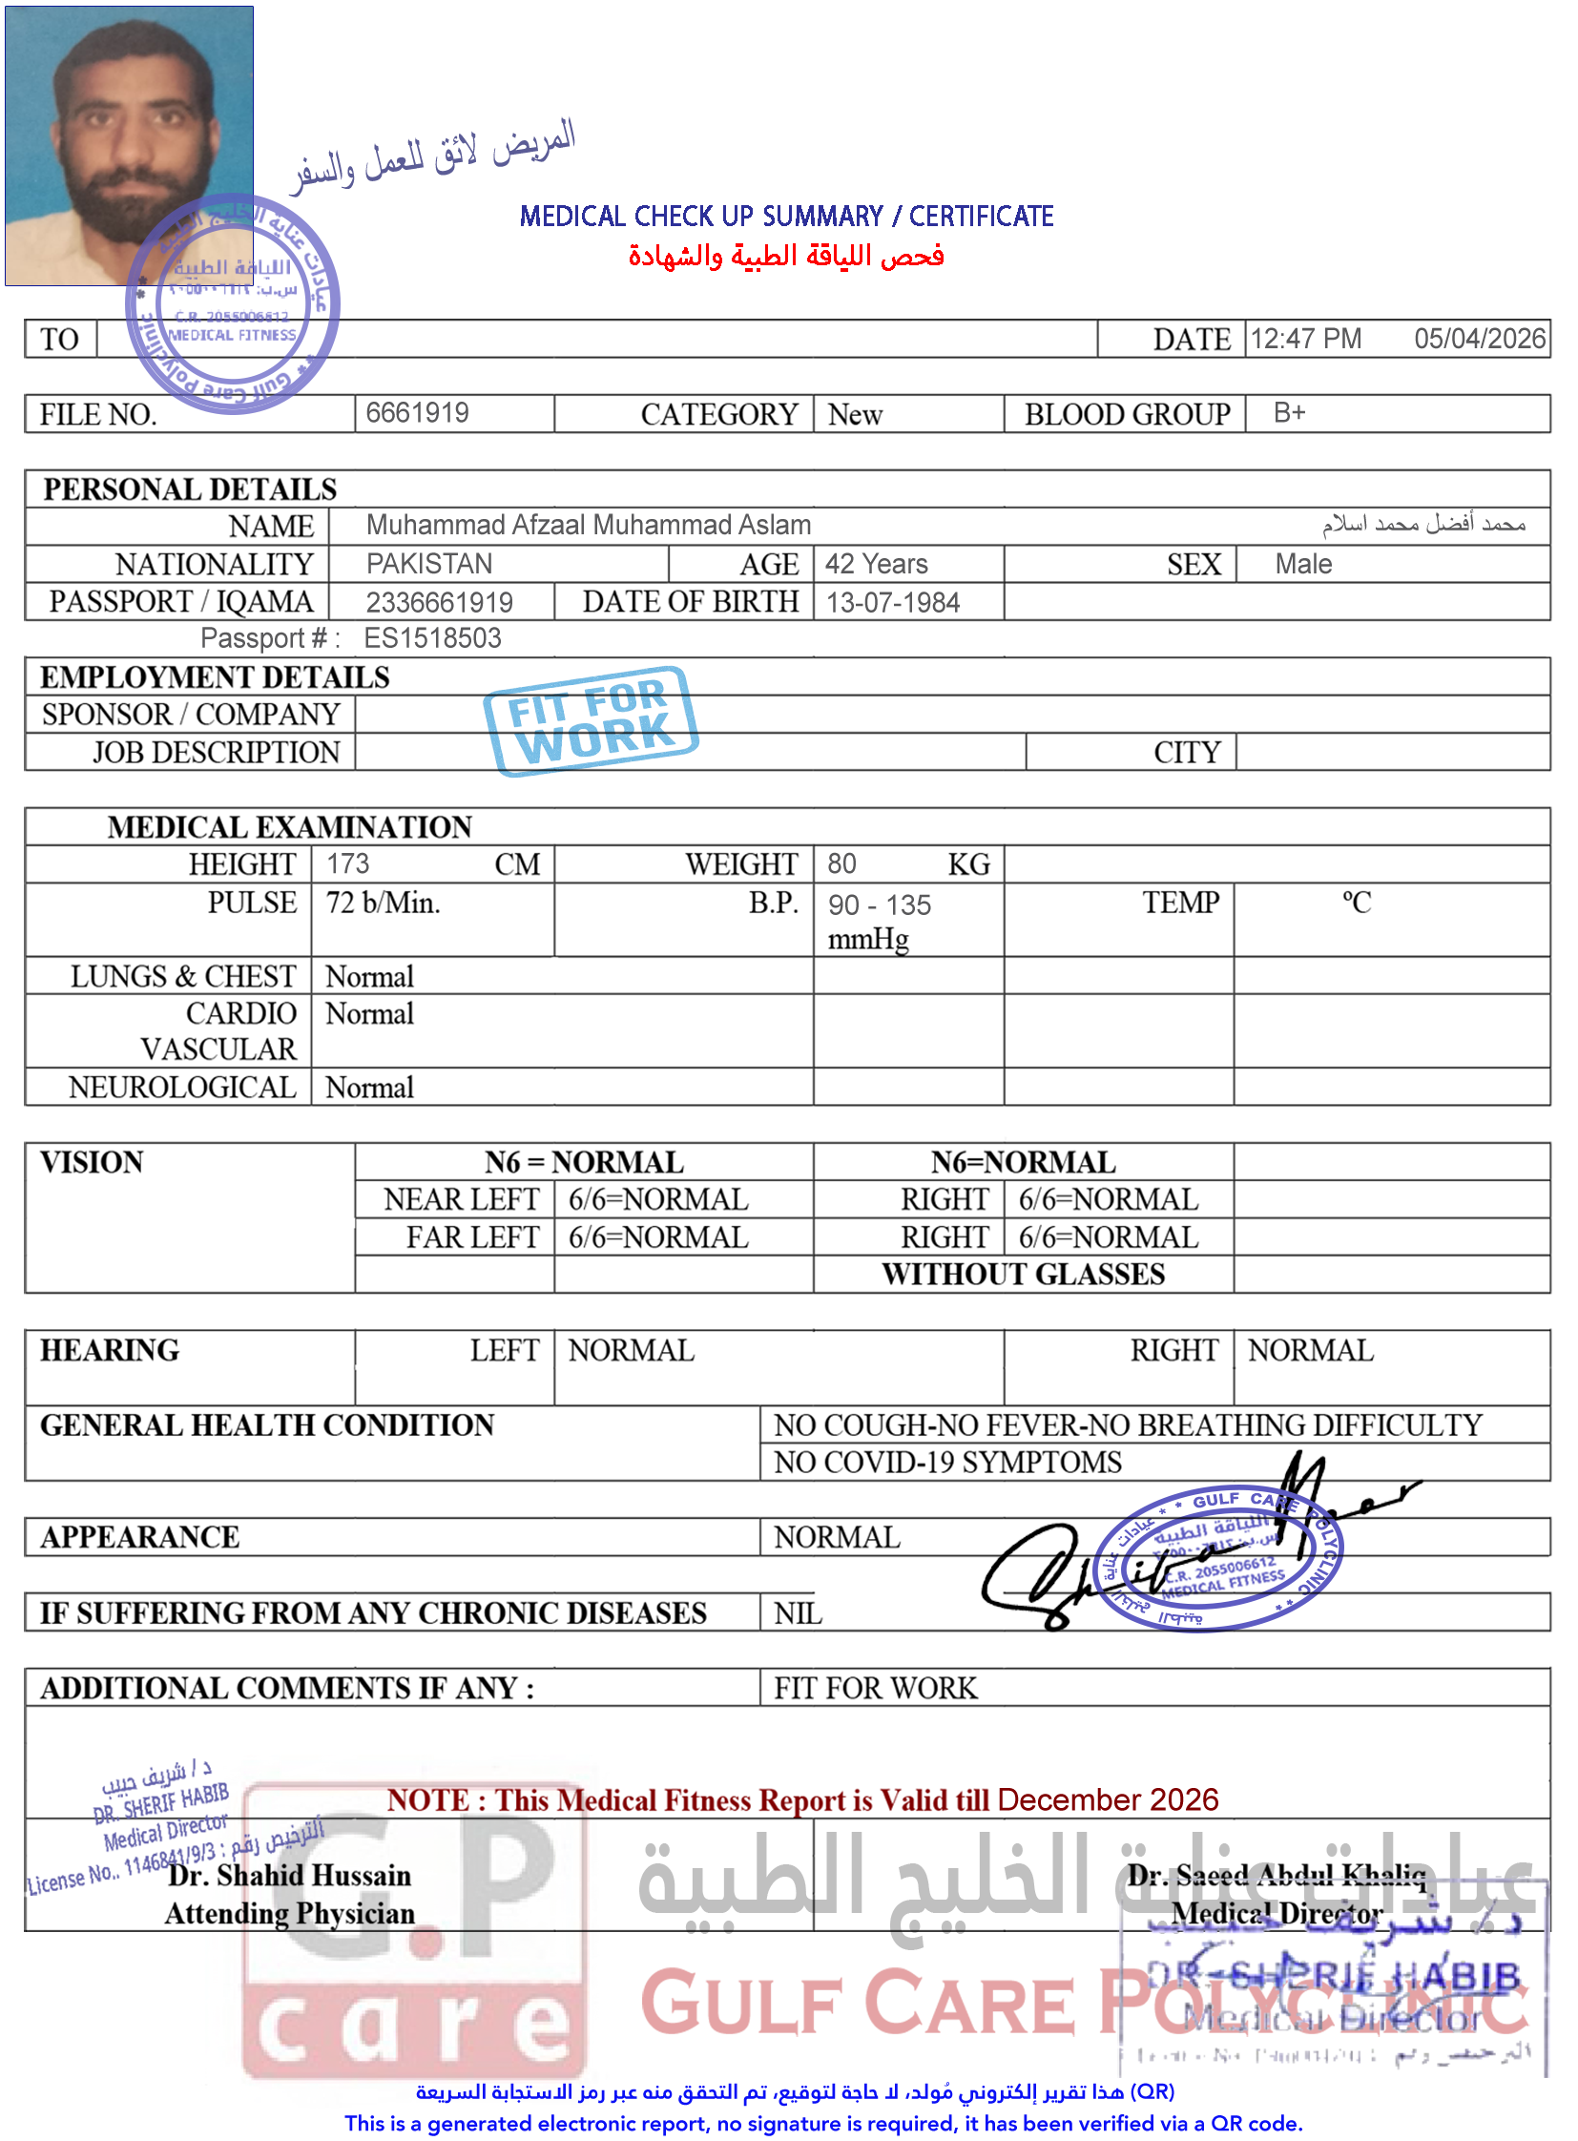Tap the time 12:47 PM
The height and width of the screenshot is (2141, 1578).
point(1305,339)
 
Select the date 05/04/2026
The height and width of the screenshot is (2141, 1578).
point(1479,339)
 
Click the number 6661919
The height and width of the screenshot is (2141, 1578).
point(418,413)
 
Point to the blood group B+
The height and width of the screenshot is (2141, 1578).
point(1289,413)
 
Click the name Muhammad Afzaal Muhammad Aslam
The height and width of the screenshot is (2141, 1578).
point(589,525)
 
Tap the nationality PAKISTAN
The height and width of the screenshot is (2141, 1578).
point(429,564)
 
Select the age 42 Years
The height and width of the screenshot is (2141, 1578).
point(876,564)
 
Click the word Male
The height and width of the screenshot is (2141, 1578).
point(1303,564)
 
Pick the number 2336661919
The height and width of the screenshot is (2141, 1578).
point(440,603)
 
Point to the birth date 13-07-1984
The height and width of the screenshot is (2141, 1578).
point(892,603)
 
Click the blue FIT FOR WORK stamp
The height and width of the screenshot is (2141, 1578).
point(591,721)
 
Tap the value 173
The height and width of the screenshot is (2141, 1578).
point(347,863)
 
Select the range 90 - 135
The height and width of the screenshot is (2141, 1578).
point(879,904)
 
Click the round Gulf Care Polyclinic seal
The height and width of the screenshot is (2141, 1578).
point(1218,1557)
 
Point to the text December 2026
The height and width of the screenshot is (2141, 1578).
point(1108,1800)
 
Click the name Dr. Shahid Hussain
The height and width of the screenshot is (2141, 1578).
point(289,1876)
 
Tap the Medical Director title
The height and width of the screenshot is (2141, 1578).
point(1277,1913)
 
